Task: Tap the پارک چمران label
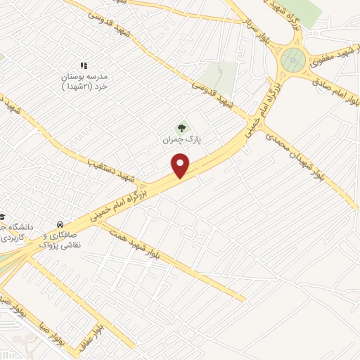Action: click(x=182, y=140)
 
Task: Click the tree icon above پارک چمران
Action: click(x=182, y=128)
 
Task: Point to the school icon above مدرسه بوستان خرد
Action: click(x=84, y=65)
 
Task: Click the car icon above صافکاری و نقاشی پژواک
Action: click(x=60, y=226)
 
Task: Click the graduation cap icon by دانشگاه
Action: click(x=2, y=217)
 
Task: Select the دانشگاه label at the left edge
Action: click(x=12, y=232)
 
